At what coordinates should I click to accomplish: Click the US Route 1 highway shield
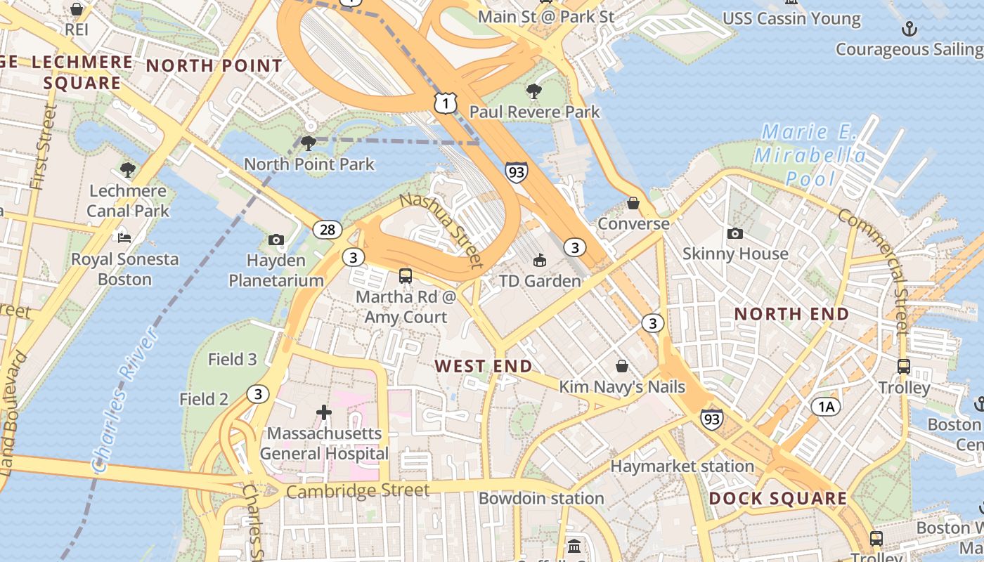(x=446, y=103)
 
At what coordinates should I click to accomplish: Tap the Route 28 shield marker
(x=328, y=230)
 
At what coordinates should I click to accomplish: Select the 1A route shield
(x=826, y=406)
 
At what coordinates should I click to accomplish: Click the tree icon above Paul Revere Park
(x=534, y=91)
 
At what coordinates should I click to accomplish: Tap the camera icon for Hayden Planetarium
(x=276, y=240)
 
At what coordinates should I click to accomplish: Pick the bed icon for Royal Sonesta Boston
(x=124, y=238)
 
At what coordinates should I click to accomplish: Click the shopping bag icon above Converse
(x=633, y=203)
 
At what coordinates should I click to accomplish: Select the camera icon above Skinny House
(x=735, y=233)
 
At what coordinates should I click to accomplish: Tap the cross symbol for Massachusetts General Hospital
(x=323, y=412)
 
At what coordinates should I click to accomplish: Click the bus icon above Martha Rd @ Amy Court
(x=406, y=276)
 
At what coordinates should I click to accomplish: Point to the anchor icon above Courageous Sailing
(x=909, y=29)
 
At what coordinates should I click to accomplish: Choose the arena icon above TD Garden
(x=539, y=261)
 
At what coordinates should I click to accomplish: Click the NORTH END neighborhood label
(x=791, y=314)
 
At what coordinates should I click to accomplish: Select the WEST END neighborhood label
(x=483, y=366)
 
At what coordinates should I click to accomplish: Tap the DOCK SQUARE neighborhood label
(x=777, y=499)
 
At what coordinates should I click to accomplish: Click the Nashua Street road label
(x=442, y=230)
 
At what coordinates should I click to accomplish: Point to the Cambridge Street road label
(x=357, y=490)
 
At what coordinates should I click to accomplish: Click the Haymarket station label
(x=682, y=466)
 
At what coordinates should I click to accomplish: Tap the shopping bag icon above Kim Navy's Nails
(x=622, y=366)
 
